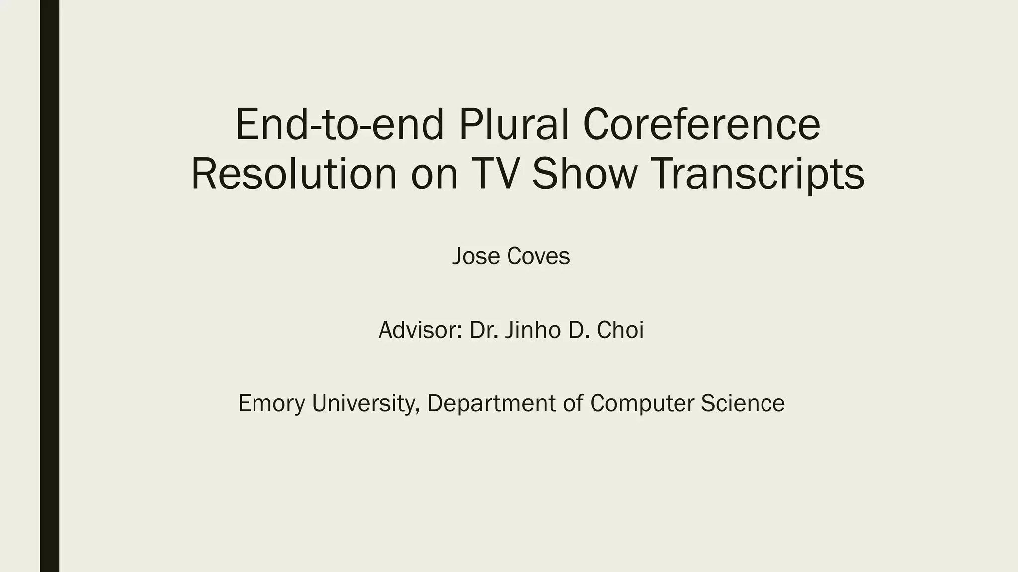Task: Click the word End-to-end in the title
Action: [339, 124]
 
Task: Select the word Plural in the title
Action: [513, 124]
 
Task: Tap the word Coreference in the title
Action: [701, 124]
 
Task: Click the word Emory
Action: [271, 403]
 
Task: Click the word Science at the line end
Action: [743, 403]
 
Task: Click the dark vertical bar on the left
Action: [49, 286]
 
